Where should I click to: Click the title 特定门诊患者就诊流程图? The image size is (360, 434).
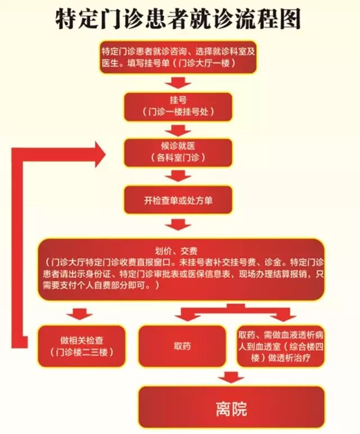179,19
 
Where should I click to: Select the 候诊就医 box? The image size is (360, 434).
178,152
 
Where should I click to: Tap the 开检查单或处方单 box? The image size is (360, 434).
178,200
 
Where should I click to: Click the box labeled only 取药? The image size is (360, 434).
183,346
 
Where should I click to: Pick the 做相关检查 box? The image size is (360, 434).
82,346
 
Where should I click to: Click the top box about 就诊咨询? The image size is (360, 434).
179,57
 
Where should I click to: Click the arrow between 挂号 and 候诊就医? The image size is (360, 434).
178,131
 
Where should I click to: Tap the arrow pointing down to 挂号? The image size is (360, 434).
178,83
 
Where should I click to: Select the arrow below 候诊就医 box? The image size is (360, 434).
178,177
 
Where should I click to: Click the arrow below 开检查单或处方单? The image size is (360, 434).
178,225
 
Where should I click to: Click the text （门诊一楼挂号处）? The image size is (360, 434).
178,111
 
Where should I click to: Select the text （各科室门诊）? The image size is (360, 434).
178,158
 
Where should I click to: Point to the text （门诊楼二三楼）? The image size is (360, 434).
82,352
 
